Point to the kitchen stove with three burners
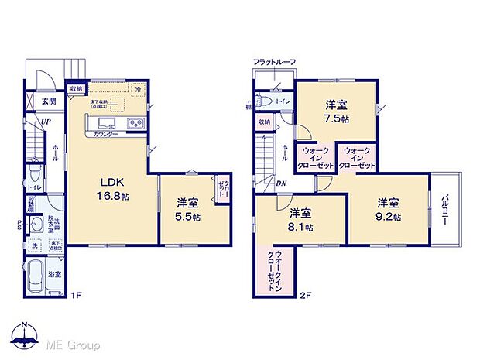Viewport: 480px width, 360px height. [133, 122]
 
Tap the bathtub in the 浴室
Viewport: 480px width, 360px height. [45, 274]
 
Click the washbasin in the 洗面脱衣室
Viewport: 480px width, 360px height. [36, 225]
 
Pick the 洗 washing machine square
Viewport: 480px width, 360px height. [33, 246]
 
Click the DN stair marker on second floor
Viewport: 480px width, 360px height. [280, 183]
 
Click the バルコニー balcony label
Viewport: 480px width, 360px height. [447, 207]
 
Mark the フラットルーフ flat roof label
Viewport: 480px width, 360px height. [274, 62]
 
